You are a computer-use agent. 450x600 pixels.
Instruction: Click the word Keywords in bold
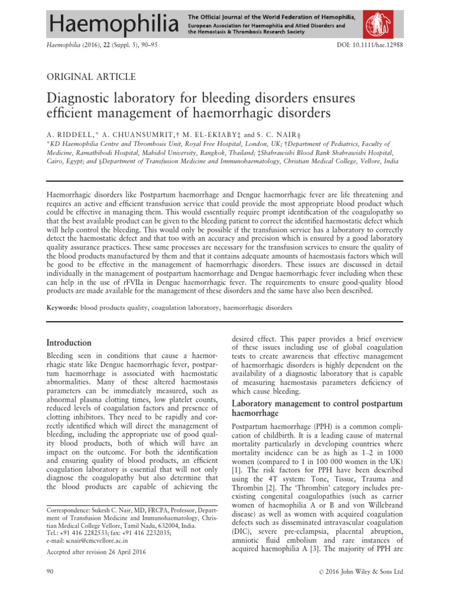pos(61,307)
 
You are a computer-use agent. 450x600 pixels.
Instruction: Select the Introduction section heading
pos(69,342)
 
